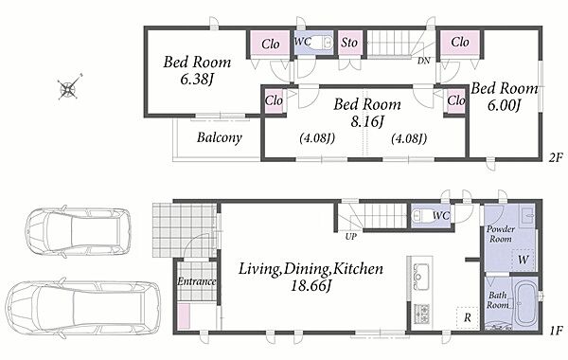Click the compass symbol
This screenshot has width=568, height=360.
click(68, 88)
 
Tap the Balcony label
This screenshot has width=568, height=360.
click(220, 137)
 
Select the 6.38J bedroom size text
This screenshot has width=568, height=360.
click(196, 80)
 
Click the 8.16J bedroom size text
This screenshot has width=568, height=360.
click(366, 122)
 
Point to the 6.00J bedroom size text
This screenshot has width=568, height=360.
click(504, 105)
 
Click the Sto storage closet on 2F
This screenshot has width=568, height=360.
click(350, 44)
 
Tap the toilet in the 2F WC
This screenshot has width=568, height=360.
click(321, 43)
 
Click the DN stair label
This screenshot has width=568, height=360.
click(423, 61)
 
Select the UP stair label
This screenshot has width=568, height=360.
click(351, 237)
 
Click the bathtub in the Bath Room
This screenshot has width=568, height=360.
click(526, 304)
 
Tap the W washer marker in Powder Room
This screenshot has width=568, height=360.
click(524, 260)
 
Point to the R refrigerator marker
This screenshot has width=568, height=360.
click(468, 318)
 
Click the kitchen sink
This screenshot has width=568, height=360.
click(421, 277)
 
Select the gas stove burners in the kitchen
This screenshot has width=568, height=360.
click(421, 314)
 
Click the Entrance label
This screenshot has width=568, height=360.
click(196, 281)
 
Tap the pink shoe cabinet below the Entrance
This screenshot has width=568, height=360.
click(185, 316)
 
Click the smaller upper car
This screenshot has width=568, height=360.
click(78, 232)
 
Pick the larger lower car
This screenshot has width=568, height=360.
click(82, 309)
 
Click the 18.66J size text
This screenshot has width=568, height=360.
click(311, 286)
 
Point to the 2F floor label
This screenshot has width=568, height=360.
click(555, 157)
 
